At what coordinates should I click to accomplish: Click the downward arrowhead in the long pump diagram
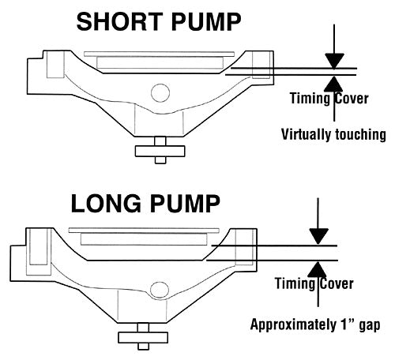[319, 236]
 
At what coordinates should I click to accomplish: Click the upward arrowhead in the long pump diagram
[319, 269]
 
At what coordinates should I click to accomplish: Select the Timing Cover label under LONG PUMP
[314, 283]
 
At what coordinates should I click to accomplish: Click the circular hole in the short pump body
[160, 93]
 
